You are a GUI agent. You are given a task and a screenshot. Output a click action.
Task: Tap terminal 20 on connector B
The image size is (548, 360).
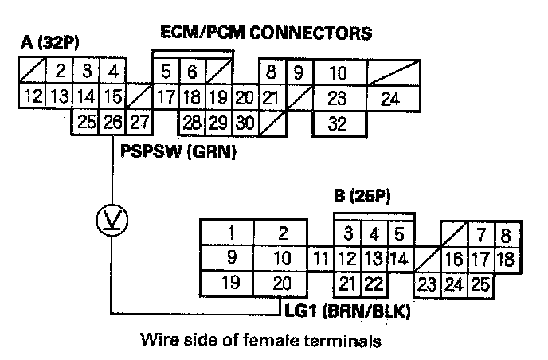[x=282, y=283]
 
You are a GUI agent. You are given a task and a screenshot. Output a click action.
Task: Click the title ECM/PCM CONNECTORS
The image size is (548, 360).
[x=266, y=33]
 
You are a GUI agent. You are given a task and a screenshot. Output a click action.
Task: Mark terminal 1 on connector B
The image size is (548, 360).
[x=229, y=233]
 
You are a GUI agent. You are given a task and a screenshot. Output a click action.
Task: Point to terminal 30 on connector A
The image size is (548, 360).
[x=245, y=123]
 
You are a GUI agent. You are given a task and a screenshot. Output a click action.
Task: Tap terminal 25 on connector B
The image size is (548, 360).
[x=479, y=283]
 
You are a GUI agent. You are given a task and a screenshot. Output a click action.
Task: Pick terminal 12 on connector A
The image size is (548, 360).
[x=32, y=98]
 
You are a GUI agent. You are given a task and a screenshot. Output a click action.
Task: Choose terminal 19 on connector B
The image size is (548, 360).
[x=229, y=283]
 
